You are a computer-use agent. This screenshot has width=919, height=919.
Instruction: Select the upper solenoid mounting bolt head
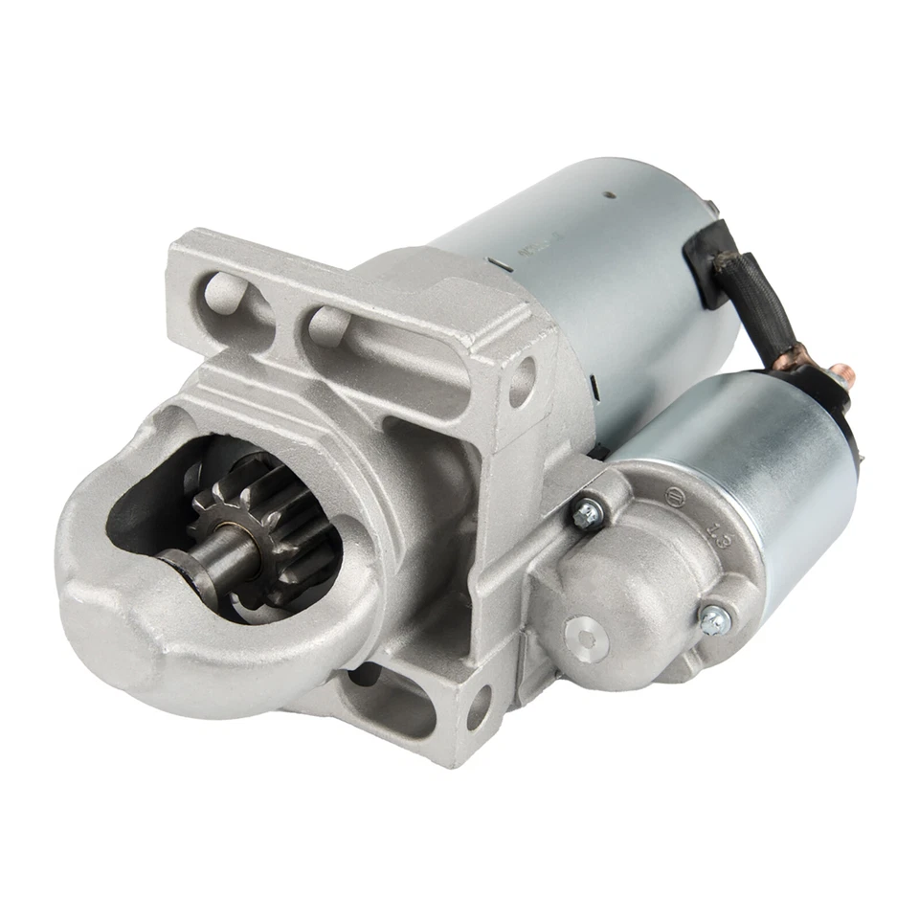coord(587,513)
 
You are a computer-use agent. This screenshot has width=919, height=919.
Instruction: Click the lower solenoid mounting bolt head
coord(712,620)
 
